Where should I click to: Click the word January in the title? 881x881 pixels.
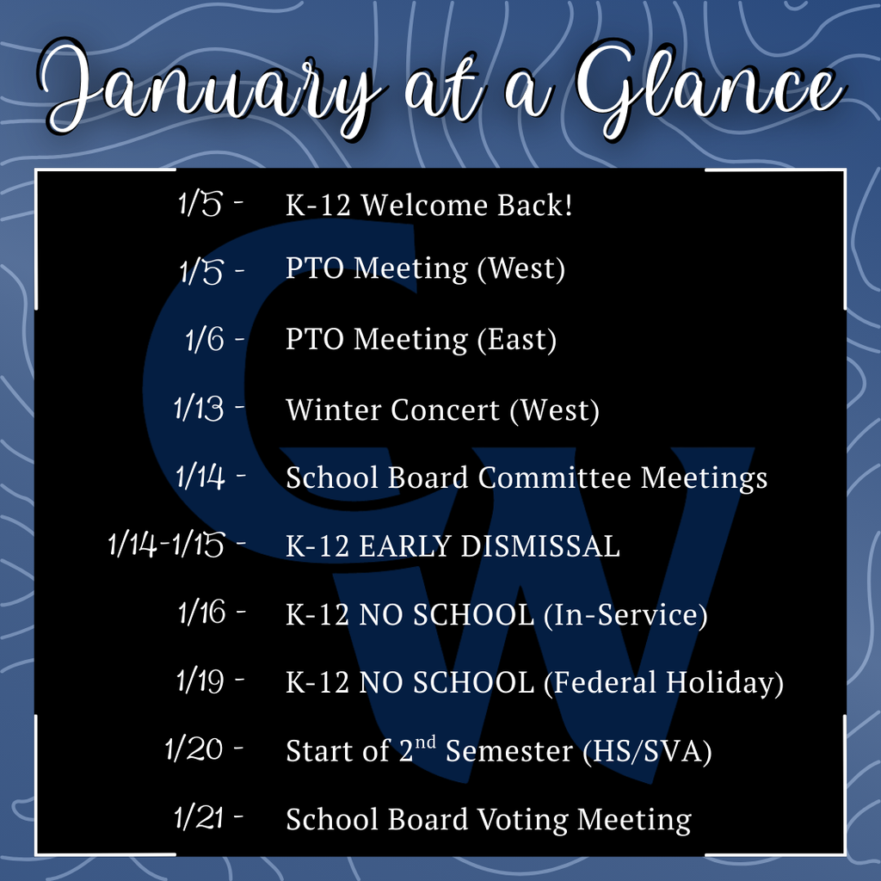[211, 89]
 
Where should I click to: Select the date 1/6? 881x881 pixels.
[205, 339]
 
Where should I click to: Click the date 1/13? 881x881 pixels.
[199, 409]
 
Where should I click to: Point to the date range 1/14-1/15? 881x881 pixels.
[166, 545]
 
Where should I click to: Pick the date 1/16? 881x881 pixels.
[202, 612]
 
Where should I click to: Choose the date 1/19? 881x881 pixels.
[200, 681]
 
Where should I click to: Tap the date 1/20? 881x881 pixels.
[194, 749]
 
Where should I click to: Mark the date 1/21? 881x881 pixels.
[199, 817]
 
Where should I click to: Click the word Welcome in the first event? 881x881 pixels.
[424, 205]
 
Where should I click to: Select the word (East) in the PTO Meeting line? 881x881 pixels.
[517, 340]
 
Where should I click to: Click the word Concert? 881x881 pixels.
[445, 410]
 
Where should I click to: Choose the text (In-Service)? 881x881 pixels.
[626, 614]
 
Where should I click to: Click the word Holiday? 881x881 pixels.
[724, 682]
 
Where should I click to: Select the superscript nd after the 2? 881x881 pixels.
[425, 742]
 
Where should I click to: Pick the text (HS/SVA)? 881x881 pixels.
[647, 751]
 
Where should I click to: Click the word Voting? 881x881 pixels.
[522, 820]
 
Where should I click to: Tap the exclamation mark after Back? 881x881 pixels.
[569, 205]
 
